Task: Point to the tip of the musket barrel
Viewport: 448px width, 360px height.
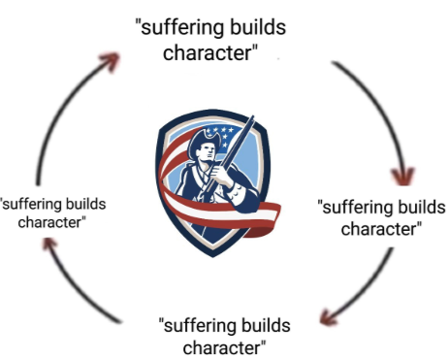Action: click(x=252, y=117)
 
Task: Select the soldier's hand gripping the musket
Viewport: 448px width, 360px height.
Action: click(x=221, y=176)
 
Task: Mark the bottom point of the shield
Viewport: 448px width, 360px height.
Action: click(x=212, y=257)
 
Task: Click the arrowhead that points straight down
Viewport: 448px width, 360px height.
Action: click(x=402, y=177)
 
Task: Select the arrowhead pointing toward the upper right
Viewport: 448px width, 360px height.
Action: click(x=111, y=61)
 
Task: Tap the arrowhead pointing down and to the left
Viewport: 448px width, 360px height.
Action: click(x=329, y=317)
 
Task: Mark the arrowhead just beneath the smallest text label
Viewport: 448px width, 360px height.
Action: click(x=49, y=245)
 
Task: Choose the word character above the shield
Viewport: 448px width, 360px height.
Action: click(x=207, y=52)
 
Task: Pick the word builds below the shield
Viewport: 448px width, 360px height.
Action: click(x=266, y=325)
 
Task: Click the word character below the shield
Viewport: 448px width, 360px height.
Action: click(x=221, y=347)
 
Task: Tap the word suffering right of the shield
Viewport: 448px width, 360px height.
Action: click(x=358, y=208)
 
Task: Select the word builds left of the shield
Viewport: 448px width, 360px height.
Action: click(x=85, y=204)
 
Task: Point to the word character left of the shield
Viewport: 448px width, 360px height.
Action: click(x=49, y=222)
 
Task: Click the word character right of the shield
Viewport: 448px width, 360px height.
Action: click(x=378, y=229)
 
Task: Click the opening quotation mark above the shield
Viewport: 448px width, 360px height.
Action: click(x=138, y=23)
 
